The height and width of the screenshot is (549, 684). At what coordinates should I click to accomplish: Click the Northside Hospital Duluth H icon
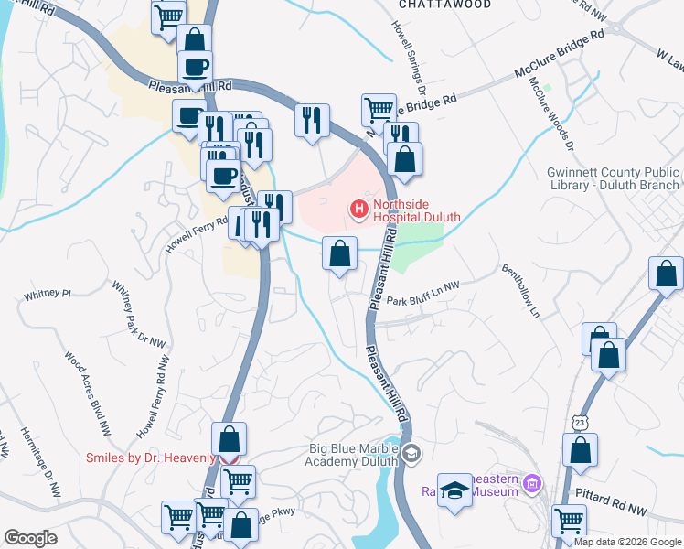coord(359,211)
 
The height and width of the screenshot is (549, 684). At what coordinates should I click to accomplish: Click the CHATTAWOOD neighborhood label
coord(445,5)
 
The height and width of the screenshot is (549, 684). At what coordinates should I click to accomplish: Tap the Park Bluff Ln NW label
coord(422,299)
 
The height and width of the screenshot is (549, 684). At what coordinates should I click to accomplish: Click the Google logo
coord(30,538)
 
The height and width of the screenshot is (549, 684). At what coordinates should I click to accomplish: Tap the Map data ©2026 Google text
coord(627,542)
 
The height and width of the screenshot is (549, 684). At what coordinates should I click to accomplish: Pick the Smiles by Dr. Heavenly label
coord(150,457)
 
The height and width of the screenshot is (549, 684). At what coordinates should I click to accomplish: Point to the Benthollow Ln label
coord(520,291)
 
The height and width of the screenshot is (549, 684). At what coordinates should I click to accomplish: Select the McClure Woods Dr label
coord(550,112)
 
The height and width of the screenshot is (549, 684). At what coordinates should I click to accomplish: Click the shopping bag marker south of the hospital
coord(339,253)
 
